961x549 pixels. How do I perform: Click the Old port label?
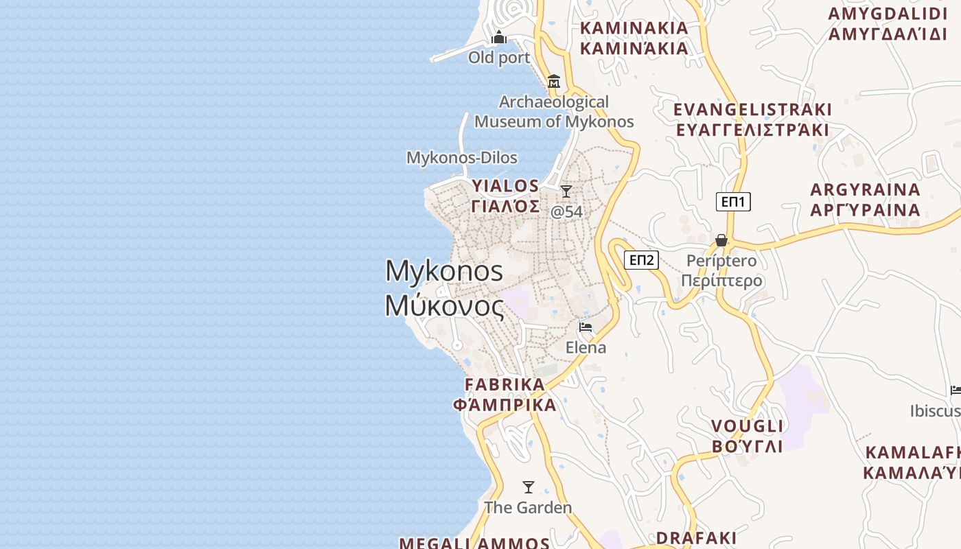tap(499, 58)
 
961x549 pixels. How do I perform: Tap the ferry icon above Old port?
tap(499, 37)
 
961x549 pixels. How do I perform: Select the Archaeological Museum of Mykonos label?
tap(554, 112)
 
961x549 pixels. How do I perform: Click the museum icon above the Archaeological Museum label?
tap(554, 82)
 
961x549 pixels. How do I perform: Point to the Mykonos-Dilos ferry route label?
tap(462, 157)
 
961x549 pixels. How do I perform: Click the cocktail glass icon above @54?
tap(566, 191)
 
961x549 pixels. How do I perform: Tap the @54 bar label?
tap(567, 211)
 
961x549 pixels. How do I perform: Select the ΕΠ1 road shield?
tap(733, 202)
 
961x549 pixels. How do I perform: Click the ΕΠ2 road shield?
tap(642, 260)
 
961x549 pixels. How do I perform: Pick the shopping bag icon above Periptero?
tap(721, 240)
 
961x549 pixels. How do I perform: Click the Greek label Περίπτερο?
tap(721, 281)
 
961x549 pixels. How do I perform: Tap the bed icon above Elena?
tap(586, 327)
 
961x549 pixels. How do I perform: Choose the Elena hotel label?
tap(586, 348)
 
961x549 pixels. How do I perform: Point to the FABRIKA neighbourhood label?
tap(505, 384)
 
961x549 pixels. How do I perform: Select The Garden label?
tap(528, 508)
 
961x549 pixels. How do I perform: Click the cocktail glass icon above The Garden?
tap(529, 487)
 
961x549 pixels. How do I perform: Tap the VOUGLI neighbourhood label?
tap(747, 426)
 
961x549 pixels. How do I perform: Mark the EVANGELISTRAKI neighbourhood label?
tap(752, 110)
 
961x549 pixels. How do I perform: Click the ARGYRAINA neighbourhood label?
tap(865, 189)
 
